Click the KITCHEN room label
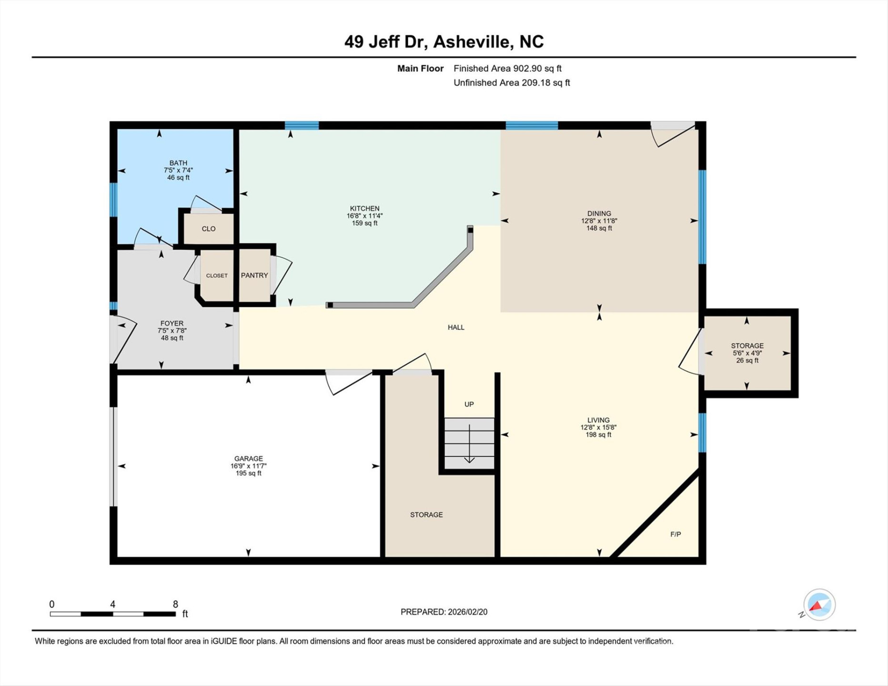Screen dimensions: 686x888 [x=364, y=209]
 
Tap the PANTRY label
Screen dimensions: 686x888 [x=254, y=275]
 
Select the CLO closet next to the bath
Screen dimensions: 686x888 [x=209, y=229]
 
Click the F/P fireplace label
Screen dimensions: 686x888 [x=675, y=535]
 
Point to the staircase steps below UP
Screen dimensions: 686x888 [x=469, y=443]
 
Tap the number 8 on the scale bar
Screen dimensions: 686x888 [x=175, y=604]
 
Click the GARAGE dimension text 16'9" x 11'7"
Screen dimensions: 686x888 [x=248, y=466]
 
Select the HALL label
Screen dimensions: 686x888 [x=455, y=327]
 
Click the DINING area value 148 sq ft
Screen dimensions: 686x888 [x=599, y=228]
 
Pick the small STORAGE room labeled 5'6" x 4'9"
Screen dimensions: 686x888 [x=747, y=353]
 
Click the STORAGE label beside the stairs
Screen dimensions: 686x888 [x=426, y=514]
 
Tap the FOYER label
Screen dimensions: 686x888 [x=172, y=323]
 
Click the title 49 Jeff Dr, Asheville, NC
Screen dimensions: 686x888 [x=444, y=42]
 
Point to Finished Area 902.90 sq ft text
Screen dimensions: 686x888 [x=507, y=69]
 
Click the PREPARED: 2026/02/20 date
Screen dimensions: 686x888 [x=444, y=612]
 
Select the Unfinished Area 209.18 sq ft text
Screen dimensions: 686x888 [x=511, y=83]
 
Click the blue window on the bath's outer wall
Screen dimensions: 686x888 [x=113, y=200]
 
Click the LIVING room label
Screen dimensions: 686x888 [x=598, y=420]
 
